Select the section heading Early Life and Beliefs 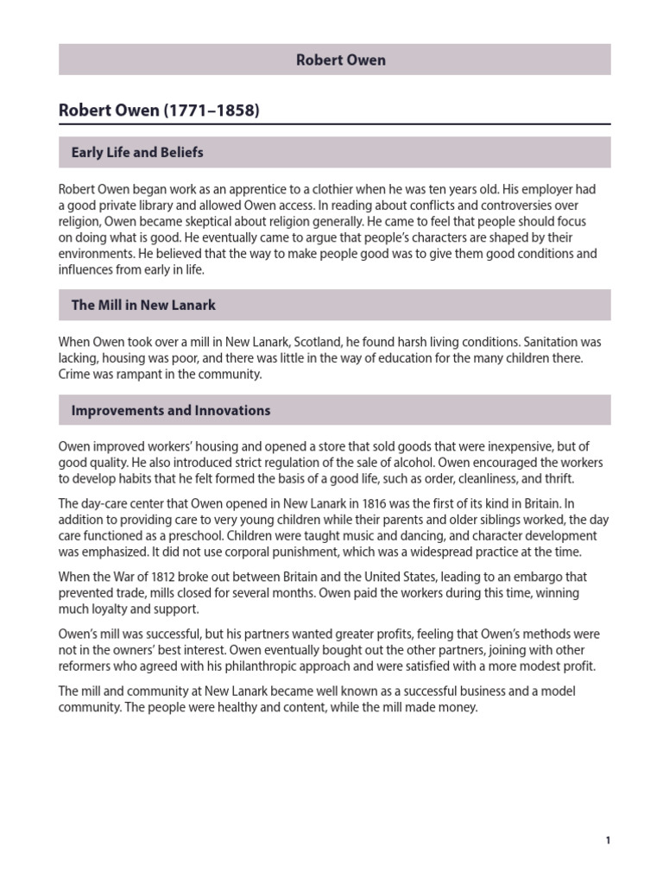click(136, 153)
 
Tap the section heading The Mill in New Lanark click(143, 305)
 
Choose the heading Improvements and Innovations click(170, 411)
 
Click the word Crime click(74, 375)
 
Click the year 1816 click(350, 502)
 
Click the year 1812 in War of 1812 click(175, 578)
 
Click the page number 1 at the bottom click(607, 840)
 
